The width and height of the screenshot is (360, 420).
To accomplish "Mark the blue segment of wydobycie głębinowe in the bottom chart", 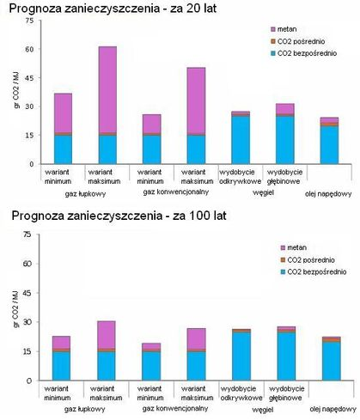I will (x=279, y=356).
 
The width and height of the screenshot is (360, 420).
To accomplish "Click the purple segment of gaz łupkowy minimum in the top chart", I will (x=63, y=113).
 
